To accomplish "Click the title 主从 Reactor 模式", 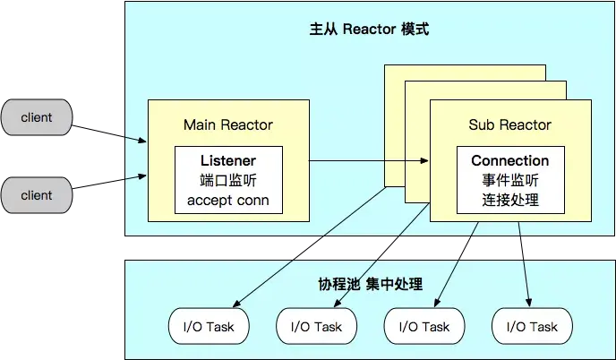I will pyautogui.click(x=369, y=30).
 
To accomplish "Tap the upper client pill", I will pyautogui.click(x=37, y=117).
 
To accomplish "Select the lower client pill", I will pyautogui.click(x=37, y=195).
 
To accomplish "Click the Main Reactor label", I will pyautogui.click(x=227, y=124).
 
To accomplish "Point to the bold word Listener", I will pyautogui.click(x=228, y=161).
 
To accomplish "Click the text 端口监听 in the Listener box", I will pyautogui.click(x=228, y=180).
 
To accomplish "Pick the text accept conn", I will pyautogui.click(x=228, y=200).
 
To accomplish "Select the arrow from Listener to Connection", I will pyautogui.click(x=367, y=162).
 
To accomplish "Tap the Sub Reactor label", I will pyautogui.click(x=509, y=124).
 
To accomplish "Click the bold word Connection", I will pyautogui.click(x=509, y=161).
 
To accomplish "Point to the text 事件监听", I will pyautogui.click(x=509, y=180).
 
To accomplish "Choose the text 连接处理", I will pyautogui.click(x=509, y=200).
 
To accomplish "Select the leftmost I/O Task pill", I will pyautogui.click(x=208, y=327).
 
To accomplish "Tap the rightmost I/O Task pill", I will pyautogui.click(x=531, y=327).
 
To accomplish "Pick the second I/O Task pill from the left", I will pyautogui.click(x=316, y=327).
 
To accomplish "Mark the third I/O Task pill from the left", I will pyautogui.click(x=423, y=327).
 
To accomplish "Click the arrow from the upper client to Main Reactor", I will pyautogui.click(x=134, y=138).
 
